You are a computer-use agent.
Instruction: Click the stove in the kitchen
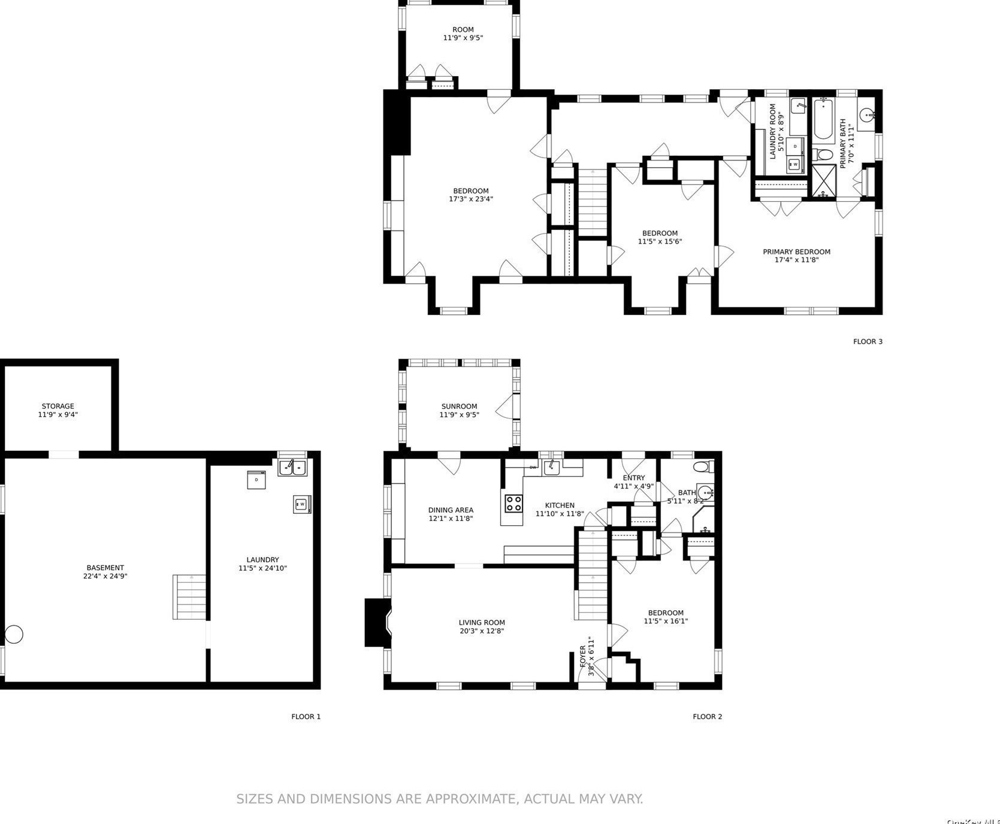[x=513, y=503]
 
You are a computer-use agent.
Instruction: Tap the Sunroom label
[x=459, y=407]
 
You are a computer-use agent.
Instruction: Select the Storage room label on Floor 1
[x=58, y=407]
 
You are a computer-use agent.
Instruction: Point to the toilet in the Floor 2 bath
[x=700, y=466]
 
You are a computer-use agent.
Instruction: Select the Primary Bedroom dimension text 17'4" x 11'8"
[x=796, y=260]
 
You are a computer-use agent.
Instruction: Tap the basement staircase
[x=189, y=596]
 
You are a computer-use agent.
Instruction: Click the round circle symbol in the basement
[x=14, y=634]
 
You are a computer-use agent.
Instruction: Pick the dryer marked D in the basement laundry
[x=256, y=480]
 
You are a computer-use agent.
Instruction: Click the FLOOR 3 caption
[x=868, y=342]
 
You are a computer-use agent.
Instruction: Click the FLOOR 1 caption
[x=306, y=717]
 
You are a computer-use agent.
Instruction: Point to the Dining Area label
[x=451, y=510]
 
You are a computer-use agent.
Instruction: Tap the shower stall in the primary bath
[x=824, y=181]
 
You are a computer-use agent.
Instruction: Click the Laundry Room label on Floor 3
[x=773, y=131]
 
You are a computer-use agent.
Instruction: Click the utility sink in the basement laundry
[x=292, y=467]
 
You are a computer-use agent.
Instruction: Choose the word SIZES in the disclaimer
[x=255, y=799]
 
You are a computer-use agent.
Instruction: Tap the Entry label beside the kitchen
[x=633, y=478]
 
